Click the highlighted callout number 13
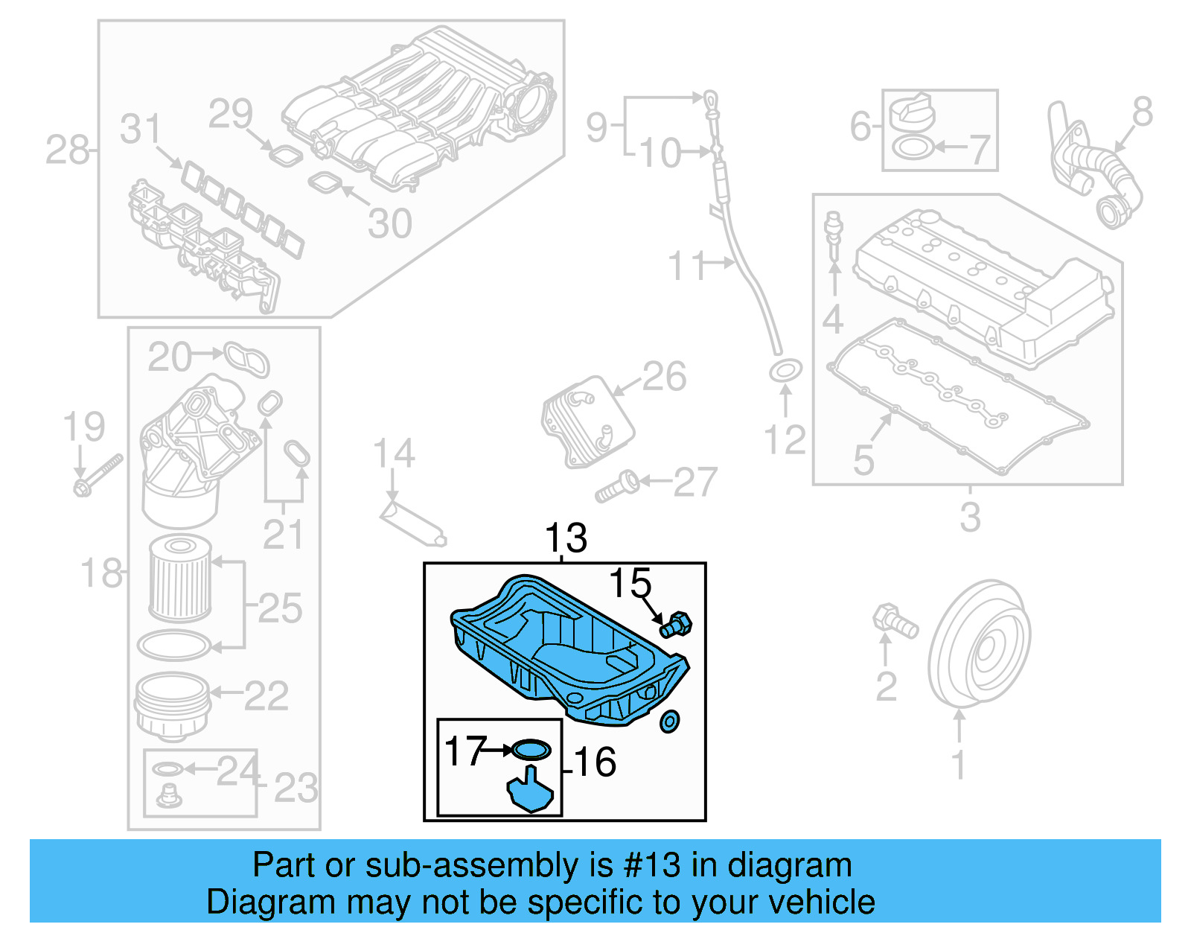pyautogui.click(x=566, y=538)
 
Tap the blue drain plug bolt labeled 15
pyautogui.click(x=676, y=624)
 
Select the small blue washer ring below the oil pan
pyautogui.click(x=670, y=721)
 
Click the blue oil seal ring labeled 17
pyautogui.click(x=531, y=749)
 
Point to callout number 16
pyautogui.click(x=595, y=762)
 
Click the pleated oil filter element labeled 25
pyautogui.click(x=180, y=579)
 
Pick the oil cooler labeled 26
pyautogui.click(x=587, y=421)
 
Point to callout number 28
pyautogui.click(x=66, y=150)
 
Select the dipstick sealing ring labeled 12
pyautogui.click(x=785, y=370)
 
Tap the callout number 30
pyautogui.click(x=390, y=223)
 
